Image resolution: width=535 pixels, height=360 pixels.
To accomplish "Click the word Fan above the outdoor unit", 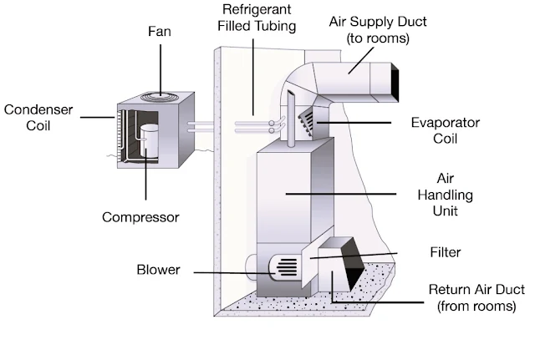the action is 160,32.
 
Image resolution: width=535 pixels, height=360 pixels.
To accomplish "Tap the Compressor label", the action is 140,217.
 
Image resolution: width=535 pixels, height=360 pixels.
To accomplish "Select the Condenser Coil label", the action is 38,118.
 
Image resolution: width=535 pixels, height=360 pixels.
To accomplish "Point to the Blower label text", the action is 158,270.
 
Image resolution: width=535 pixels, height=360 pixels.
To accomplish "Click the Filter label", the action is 446,252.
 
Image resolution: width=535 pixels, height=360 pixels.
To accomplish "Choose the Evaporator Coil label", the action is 446,130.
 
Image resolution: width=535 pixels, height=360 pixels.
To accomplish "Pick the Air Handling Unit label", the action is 446,195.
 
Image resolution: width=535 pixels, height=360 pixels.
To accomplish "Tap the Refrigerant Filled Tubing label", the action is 257,18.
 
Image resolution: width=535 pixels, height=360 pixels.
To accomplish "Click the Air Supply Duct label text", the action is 378,30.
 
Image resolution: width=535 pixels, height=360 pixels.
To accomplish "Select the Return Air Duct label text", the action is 476,297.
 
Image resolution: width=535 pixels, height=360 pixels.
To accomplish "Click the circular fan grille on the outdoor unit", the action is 160,97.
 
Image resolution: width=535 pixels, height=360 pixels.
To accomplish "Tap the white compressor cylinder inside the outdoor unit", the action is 149,141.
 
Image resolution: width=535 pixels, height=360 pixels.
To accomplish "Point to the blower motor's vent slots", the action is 287,267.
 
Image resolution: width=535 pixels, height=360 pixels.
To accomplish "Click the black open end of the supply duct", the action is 395,82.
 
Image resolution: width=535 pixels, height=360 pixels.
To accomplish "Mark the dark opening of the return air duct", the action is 351,262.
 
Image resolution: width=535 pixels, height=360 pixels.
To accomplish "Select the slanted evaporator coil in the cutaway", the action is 306,122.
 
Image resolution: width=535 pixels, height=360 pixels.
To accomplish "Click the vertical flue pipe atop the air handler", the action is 291,119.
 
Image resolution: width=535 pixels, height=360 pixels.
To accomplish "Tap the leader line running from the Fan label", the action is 160,69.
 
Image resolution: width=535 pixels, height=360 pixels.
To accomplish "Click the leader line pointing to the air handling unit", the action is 341,194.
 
